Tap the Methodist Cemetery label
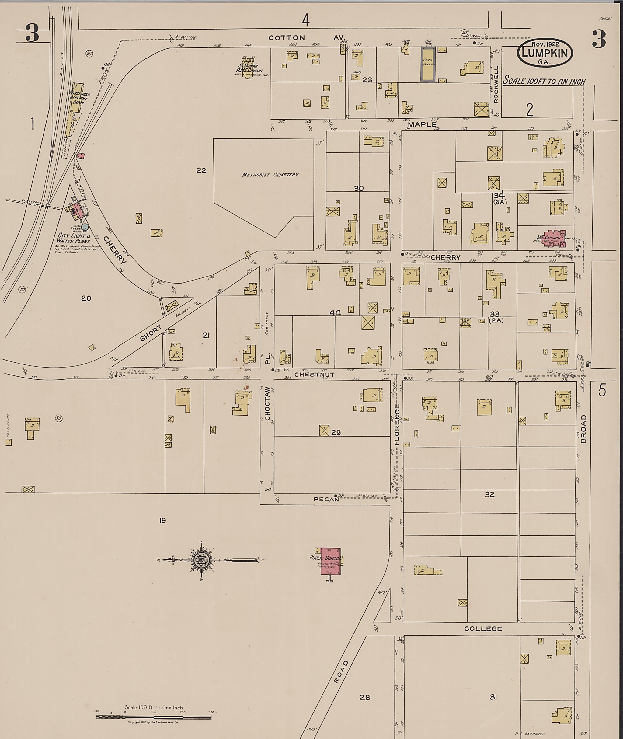point(270,175)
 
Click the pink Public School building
point(330,561)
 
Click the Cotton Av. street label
point(306,37)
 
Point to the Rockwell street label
point(496,84)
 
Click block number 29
point(336,432)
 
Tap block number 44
point(335,313)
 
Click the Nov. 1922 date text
point(545,44)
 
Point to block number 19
point(162,520)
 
